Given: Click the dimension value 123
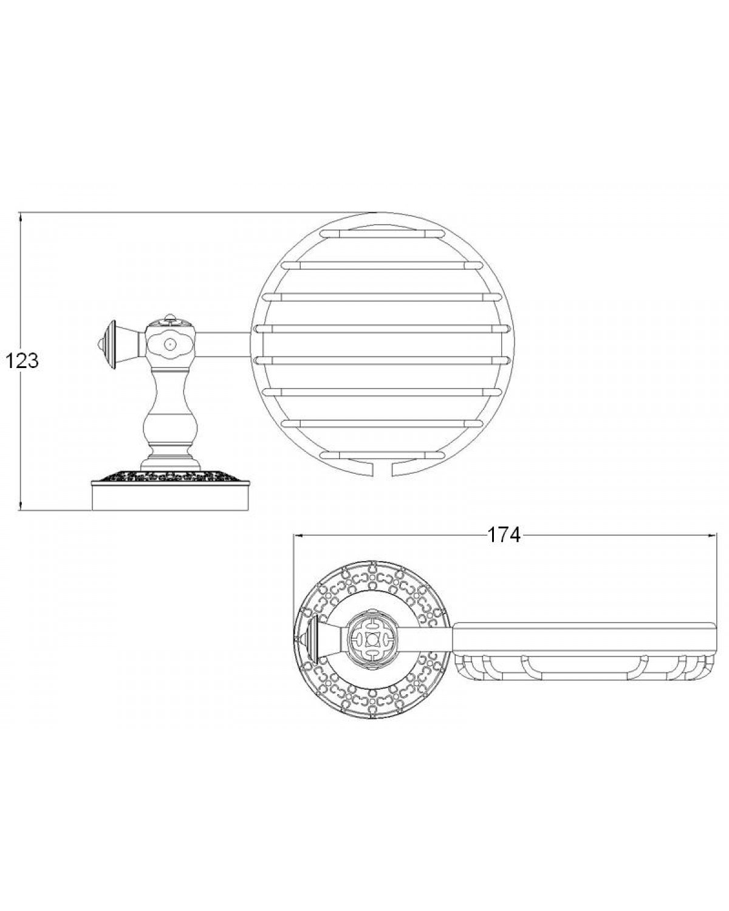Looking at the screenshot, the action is click(x=22, y=361).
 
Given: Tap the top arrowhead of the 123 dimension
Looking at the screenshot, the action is click(x=20, y=217).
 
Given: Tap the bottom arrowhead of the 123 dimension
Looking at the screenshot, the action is click(x=20, y=505).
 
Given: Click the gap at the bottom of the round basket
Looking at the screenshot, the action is click(x=384, y=469).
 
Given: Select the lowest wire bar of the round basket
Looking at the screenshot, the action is click(x=383, y=455).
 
